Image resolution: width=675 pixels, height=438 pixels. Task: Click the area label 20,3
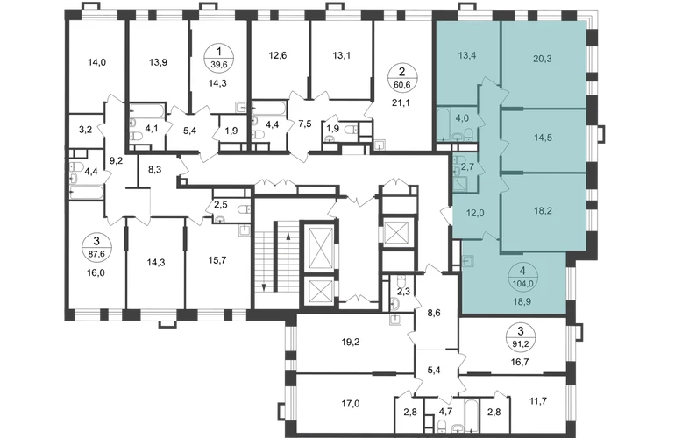(543, 59)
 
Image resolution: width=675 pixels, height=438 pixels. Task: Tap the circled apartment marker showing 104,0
(522, 277)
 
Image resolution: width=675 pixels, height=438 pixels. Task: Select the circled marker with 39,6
(218, 58)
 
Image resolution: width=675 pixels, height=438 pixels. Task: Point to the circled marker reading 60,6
(401, 78)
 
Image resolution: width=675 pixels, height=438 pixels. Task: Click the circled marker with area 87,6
(96, 248)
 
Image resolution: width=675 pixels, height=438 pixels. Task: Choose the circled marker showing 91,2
(521, 337)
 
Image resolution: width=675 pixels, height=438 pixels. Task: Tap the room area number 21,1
(401, 102)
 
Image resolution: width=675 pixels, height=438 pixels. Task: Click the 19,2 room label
(351, 342)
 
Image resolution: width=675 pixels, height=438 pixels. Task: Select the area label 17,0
(351, 404)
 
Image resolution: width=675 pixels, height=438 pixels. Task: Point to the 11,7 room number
(538, 401)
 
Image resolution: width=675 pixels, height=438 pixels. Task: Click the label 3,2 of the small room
(86, 129)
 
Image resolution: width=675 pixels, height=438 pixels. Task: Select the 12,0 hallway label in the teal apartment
(476, 213)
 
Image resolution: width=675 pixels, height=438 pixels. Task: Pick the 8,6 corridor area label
(435, 313)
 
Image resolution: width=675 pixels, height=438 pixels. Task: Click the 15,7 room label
(217, 260)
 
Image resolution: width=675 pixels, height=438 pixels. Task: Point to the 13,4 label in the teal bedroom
(467, 55)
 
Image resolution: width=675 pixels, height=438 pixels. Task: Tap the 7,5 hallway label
(304, 124)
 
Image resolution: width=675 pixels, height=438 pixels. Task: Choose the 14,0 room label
(96, 62)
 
